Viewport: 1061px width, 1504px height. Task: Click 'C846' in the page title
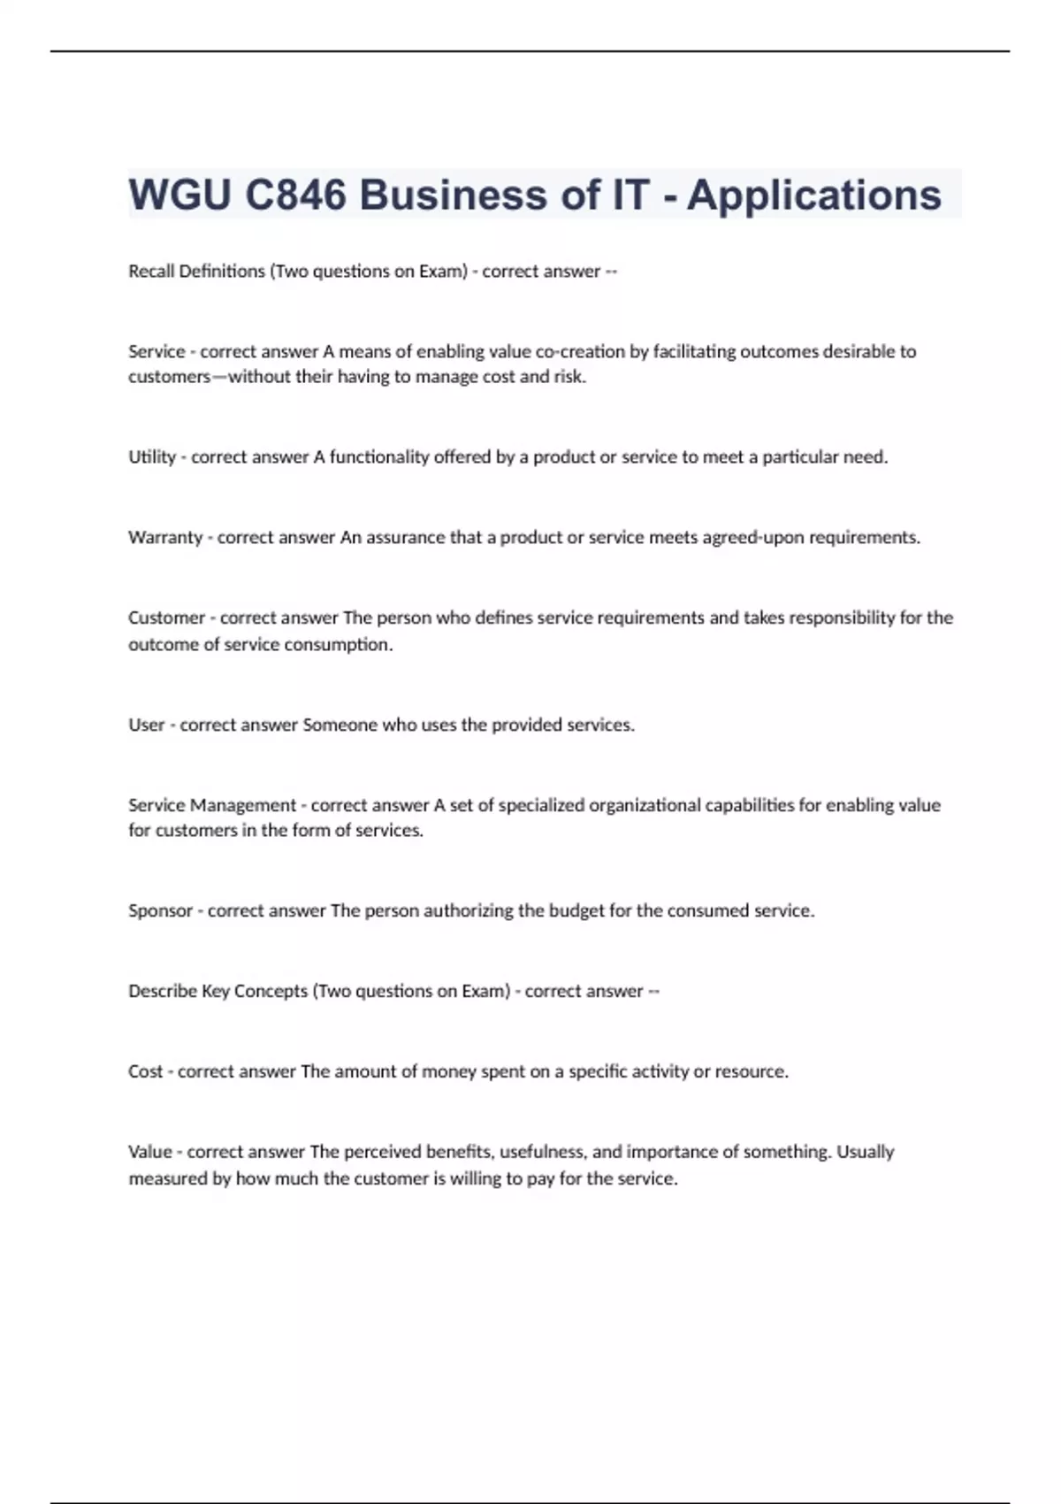tap(295, 195)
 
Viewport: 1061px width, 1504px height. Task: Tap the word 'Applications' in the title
tap(813, 195)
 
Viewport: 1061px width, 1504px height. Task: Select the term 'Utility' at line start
tap(152, 457)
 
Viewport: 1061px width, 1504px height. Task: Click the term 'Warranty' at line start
tap(165, 537)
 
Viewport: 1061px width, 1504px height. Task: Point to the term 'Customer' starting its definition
tap(166, 618)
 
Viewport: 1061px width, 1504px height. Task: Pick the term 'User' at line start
tap(147, 725)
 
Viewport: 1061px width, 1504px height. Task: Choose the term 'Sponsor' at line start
tap(160, 910)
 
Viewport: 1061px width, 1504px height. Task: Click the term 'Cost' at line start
tap(146, 1071)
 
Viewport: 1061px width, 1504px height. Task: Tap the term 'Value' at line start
tap(150, 1152)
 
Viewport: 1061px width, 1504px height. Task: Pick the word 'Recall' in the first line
tap(151, 271)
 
